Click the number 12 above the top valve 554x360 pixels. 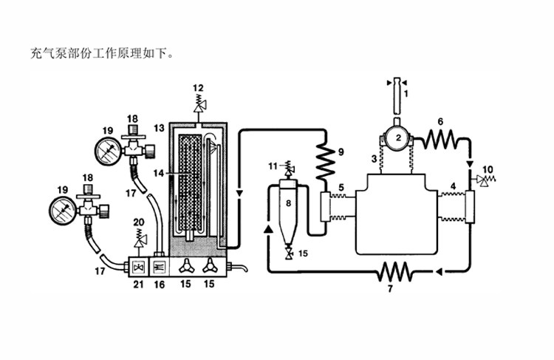click(x=198, y=88)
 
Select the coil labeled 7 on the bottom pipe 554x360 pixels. click(x=395, y=272)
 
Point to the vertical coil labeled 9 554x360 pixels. click(x=326, y=162)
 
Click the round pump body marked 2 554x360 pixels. click(x=397, y=138)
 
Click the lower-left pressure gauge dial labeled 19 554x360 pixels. click(x=63, y=210)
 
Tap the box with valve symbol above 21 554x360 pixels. click(x=139, y=267)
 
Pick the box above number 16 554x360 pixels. click(x=159, y=267)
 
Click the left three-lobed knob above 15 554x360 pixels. click(x=186, y=265)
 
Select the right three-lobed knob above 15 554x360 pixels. click(x=210, y=265)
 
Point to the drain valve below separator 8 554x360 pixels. click(x=290, y=253)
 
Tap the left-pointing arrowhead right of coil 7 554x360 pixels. click(x=438, y=271)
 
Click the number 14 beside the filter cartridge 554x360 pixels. click(x=159, y=173)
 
